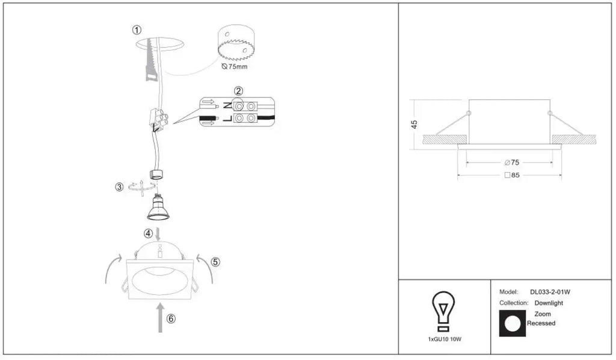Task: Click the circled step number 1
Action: pyautogui.click(x=137, y=30)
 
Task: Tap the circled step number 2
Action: pyautogui.click(x=238, y=91)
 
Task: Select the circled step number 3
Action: pyautogui.click(x=120, y=187)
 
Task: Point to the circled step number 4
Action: pyautogui.click(x=148, y=234)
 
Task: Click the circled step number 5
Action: pyautogui.click(x=215, y=262)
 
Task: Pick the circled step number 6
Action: pyautogui.click(x=171, y=318)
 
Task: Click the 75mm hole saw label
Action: pyautogui.click(x=235, y=67)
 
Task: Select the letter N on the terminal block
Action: pyautogui.click(x=227, y=105)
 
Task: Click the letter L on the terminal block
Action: pyautogui.click(x=227, y=119)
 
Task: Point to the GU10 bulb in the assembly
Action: pyautogui.click(x=158, y=206)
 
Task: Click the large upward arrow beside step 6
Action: pyautogui.click(x=160, y=317)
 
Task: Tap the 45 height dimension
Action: pyautogui.click(x=414, y=125)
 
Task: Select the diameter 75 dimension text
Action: pyautogui.click(x=512, y=163)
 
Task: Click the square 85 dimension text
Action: pyautogui.click(x=512, y=175)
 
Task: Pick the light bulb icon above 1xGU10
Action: pyautogui.click(x=443, y=311)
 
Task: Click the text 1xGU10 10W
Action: pyautogui.click(x=445, y=339)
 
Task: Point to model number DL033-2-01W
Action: pyautogui.click(x=550, y=292)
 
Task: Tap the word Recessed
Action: pyautogui.click(x=541, y=323)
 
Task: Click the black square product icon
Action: pyautogui.click(x=513, y=323)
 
